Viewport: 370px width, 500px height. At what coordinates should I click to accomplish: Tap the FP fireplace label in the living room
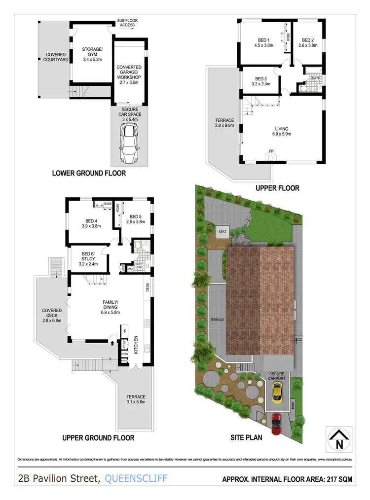click(x=271, y=151)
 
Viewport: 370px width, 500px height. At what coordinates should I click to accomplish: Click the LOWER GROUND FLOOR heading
click(x=89, y=173)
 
